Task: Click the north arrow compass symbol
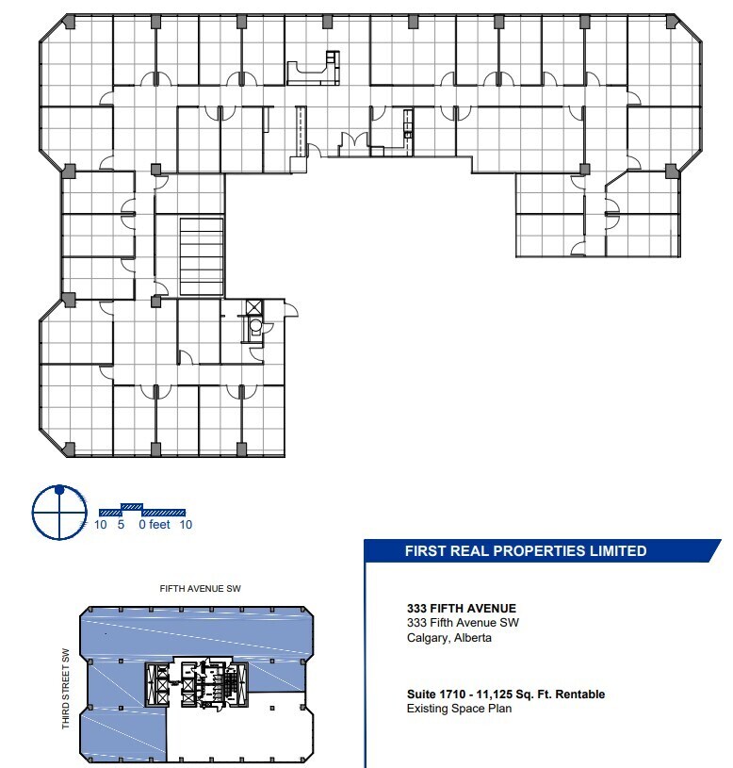click(59, 512)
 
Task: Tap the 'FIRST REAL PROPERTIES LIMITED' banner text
click(526, 551)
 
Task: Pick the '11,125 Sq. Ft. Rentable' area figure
click(550, 694)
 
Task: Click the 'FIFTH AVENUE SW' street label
click(201, 589)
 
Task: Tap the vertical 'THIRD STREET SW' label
click(67, 689)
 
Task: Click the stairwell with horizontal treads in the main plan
click(201, 256)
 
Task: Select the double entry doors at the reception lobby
click(354, 142)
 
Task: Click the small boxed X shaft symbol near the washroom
click(254, 307)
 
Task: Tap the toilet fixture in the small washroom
click(255, 329)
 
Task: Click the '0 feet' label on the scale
click(154, 525)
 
